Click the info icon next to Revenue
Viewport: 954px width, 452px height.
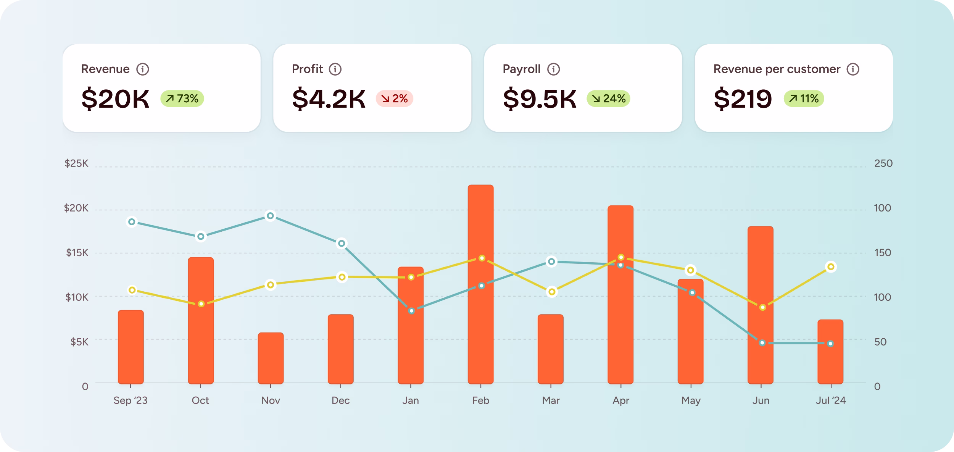click(143, 69)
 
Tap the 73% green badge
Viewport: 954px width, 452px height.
click(182, 99)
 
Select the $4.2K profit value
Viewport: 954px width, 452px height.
click(329, 99)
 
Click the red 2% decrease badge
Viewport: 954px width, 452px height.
click(394, 99)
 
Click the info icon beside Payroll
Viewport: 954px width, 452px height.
click(553, 69)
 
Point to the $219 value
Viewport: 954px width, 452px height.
click(743, 99)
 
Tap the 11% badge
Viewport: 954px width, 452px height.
click(804, 99)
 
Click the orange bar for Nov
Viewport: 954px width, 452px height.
click(271, 359)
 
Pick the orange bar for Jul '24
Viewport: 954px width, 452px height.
click(830, 352)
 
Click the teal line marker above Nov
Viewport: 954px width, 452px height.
click(270, 216)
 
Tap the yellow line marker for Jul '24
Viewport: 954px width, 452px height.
click(831, 267)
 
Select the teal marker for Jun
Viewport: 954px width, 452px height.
click(762, 343)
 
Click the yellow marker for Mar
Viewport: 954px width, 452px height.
click(551, 292)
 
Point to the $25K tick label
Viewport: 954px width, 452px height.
click(76, 164)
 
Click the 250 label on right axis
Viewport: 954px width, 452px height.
click(883, 164)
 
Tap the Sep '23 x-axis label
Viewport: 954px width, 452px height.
click(130, 400)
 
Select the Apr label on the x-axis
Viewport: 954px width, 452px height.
click(620, 400)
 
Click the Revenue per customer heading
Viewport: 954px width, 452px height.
click(777, 69)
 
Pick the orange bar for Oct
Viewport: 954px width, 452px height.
click(201, 321)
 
